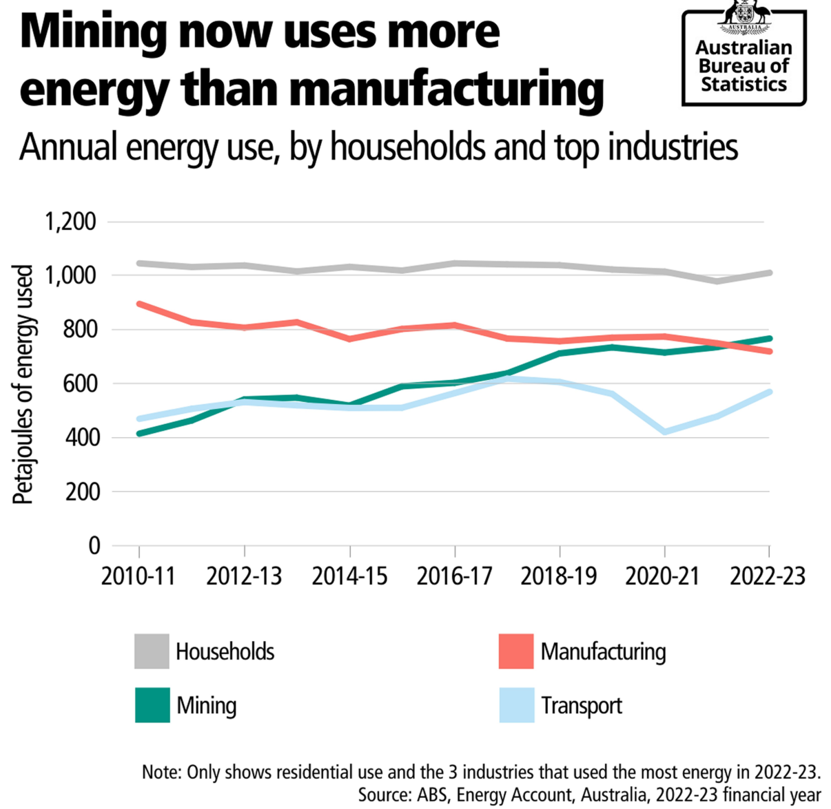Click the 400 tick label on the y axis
[x=82, y=438]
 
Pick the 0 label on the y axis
[x=94, y=546]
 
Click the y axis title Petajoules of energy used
[x=24, y=384]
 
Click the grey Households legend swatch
[x=152, y=651]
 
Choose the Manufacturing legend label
[x=603, y=651]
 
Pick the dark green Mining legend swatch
[x=152, y=705]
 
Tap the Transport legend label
[x=581, y=706]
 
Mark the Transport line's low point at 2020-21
[x=665, y=432]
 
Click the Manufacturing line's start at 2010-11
[x=140, y=304]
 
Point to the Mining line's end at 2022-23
[x=769, y=338]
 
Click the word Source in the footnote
[x=383, y=795]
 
